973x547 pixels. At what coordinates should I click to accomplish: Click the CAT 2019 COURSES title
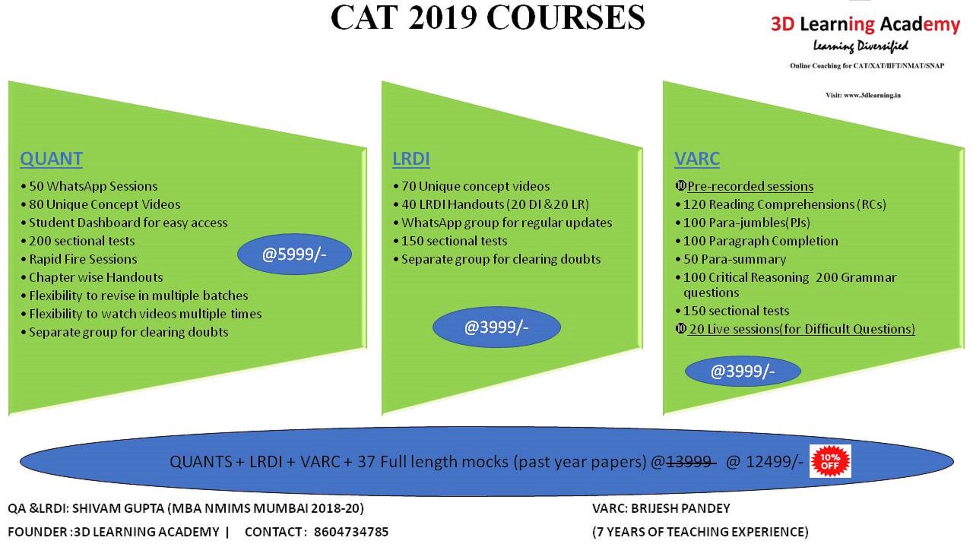[x=488, y=17]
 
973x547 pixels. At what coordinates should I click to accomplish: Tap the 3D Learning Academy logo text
[x=865, y=24]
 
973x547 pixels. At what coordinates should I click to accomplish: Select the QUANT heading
[x=51, y=159]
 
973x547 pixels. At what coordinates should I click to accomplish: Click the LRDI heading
[x=411, y=159]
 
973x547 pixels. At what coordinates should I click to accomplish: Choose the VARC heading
[x=697, y=159]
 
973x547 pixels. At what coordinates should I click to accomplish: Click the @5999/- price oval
[x=294, y=254]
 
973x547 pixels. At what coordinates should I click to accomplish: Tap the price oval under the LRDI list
[x=496, y=327]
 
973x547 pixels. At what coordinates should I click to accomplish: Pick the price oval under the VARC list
[x=743, y=371]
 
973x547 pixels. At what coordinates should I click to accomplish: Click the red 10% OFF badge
[x=830, y=461]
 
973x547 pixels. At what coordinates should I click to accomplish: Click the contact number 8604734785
[x=351, y=532]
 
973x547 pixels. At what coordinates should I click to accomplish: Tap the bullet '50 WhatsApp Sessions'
[x=93, y=186]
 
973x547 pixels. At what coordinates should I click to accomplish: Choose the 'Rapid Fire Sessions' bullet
[x=83, y=259]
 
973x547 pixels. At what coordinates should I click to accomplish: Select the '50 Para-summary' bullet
[x=735, y=259]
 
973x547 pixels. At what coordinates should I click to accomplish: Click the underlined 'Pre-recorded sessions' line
[x=750, y=186]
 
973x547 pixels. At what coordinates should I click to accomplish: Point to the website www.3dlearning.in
[x=872, y=95]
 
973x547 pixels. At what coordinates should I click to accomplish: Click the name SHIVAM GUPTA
[x=118, y=508]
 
